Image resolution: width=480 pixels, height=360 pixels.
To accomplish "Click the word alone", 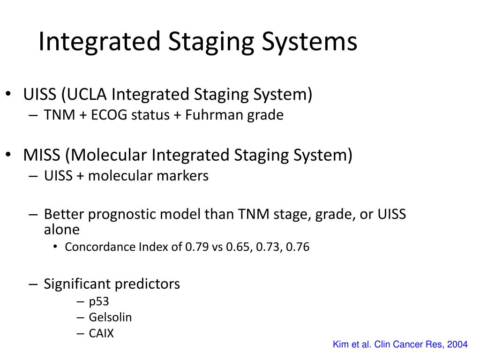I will click(61, 230).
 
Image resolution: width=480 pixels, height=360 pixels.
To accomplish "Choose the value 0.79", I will click(197, 247).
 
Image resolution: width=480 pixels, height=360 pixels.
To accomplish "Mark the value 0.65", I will click(238, 247).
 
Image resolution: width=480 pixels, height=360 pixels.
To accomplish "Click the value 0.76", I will click(298, 247).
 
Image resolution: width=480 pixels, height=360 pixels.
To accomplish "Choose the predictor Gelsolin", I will click(110, 317).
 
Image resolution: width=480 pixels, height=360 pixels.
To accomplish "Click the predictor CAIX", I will click(101, 334).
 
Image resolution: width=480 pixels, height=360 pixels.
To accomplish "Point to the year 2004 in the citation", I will click(457, 345).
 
